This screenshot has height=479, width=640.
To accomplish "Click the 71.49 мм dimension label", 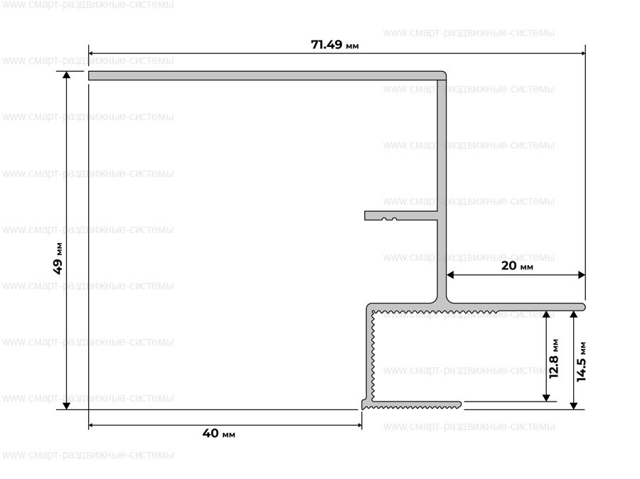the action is tap(335, 45).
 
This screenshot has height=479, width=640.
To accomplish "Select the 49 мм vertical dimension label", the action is tap(58, 259).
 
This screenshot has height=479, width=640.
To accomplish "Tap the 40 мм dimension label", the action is tap(219, 433).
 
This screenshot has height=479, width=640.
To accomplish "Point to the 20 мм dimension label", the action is tap(517, 266).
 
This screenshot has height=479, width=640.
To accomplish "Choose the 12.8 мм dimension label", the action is tap(554, 359).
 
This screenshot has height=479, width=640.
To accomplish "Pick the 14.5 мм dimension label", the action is tap(581, 362).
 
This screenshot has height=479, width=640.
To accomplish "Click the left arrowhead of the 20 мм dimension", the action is tap(450, 275).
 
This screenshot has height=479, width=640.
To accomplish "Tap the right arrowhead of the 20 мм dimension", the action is tap(582, 275).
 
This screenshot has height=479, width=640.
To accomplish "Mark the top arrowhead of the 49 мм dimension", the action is tap(67, 75).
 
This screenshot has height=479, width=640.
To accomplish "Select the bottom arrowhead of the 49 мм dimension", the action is tap(67, 406).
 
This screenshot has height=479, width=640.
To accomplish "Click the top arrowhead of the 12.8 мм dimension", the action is tap(546, 315).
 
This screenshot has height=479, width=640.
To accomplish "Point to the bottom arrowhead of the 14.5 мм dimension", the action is tap(573, 406).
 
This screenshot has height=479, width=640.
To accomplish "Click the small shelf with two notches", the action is tap(401, 215).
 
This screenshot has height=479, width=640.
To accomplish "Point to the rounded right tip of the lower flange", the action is tap(584, 307).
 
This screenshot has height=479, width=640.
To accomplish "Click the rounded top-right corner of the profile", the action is tap(444, 74).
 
